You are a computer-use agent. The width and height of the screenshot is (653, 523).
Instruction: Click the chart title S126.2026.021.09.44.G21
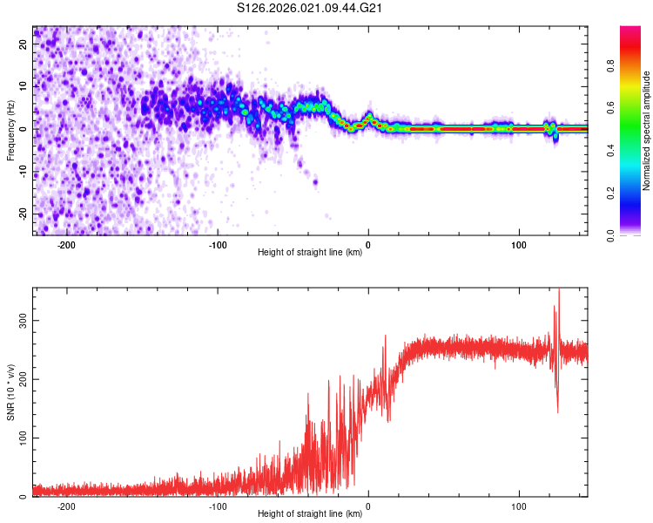click(311, 8)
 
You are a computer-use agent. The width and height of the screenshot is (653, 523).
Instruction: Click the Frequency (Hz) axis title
click(10, 130)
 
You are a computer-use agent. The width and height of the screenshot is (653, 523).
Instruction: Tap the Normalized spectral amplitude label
click(647, 130)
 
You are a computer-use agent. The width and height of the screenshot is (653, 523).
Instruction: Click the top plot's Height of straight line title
click(311, 252)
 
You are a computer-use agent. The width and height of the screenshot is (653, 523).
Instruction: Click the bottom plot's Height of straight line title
click(311, 513)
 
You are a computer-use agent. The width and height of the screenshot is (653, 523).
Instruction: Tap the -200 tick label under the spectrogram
click(66, 244)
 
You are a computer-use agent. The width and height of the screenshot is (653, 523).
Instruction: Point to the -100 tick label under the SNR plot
click(217, 506)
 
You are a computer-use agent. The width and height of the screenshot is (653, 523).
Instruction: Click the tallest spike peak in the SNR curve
click(559, 289)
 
